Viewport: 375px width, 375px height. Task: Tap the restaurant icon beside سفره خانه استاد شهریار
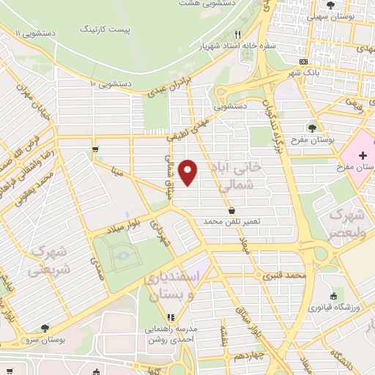tap(237, 34)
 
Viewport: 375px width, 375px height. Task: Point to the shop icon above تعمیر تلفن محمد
tap(231, 210)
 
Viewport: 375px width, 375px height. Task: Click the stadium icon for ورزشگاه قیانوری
tap(333, 297)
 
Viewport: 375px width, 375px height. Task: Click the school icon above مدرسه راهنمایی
tap(169, 318)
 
